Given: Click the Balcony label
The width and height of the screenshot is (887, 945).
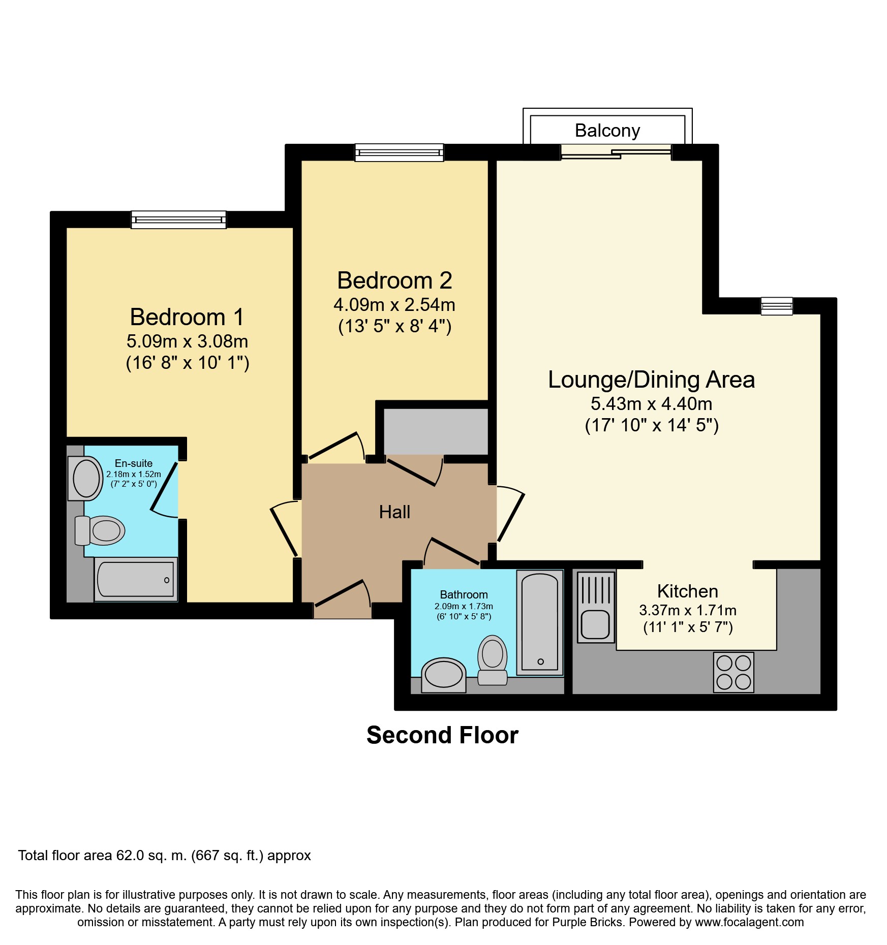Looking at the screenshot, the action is pyautogui.click(x=607, y=131).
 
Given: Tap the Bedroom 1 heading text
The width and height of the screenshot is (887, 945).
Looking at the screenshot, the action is pyautogui.click(x=187, y=317).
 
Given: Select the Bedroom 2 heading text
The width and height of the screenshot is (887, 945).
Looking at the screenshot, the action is pyautogui.click(x=394, y=280).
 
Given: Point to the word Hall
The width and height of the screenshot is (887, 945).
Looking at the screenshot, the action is pyautogui.click(x=394, y=512).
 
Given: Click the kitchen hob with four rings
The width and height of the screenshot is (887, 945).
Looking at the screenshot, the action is pyautogui.click(x=733, y=672).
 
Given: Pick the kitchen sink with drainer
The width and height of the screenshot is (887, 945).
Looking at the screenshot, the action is pyautogui.click(x=596, y=607).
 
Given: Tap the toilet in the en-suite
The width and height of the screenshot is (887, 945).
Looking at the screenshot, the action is pyautogui.click(x=100, y=531).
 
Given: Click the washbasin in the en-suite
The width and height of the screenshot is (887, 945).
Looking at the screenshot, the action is pyautogui.click(x=85, y=478).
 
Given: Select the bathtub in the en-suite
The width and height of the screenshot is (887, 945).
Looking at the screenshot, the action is pyautogui.click(x=136, y=579).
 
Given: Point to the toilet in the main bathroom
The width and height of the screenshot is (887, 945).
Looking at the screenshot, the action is pyautogui.click(x=493, y=659).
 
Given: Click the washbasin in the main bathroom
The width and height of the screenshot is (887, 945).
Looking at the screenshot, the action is pyautogui.click(x=444, y=675).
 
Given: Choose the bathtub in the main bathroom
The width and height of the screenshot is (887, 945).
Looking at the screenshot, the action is pyautogui.click(x=540, y=622).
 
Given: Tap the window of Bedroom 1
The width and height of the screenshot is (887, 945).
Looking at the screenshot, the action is pyautogui.click(x=178, y=219).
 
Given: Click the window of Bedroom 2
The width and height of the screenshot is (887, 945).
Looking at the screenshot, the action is pyautogui.click(x=399, y=152).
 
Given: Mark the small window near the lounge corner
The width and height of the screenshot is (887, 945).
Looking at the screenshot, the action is pyautogui.click(x=777, y=306).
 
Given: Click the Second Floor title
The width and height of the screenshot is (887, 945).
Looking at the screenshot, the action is pyautogui.click(x=442, y=735).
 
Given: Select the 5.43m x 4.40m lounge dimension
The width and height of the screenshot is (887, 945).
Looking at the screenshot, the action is pyautogui.click(x=651, y=404).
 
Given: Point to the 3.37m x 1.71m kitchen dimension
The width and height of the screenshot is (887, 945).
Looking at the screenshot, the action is pyautogui.click(x=687, y=610).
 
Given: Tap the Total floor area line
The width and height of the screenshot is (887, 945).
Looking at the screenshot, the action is pyautogui.click(x=164, y=856).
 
